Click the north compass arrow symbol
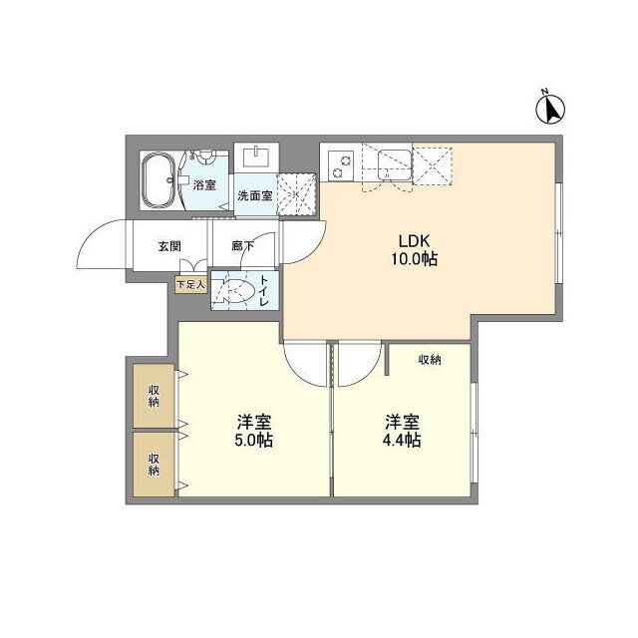[x=550, y=108]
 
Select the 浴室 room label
[x=204, y=185]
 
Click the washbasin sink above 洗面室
[x=256, y=158]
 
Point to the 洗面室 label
[x=254, y=196]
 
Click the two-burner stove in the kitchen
[x=342, y=163]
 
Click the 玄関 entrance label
[x=168, y=246]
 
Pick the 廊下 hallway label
[x=242, y=246]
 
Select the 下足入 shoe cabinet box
[x=189, y=284]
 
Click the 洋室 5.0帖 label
[x=255, y=430]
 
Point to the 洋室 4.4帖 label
[x=403, y=430]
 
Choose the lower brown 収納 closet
[x=154, y=464]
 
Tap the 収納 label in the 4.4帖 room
[x=430, y=359]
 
